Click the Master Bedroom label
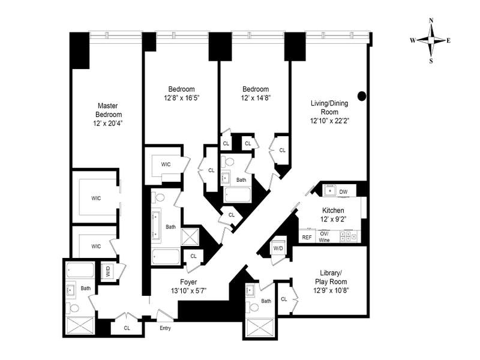109,109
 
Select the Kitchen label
333,211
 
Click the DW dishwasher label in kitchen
343,192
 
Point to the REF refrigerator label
307,238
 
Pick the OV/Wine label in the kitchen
325,236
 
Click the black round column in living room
362,95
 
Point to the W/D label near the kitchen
278,248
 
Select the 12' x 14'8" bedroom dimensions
256,97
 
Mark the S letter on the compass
431,60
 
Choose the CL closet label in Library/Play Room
284,298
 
